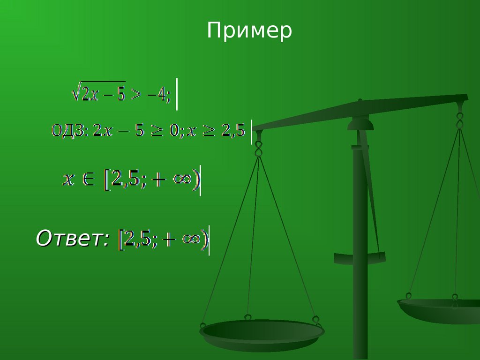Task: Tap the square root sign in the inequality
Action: [x=75, y=91]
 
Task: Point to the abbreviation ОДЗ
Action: [x=68, y=131]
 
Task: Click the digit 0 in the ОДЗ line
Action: [x=174, y=131]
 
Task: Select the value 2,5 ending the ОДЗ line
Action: [x=233, y=131]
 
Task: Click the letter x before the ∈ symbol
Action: [x=68, y=180]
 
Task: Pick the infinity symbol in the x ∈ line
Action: [x=182, y=179]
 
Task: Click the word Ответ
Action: [x=72, y=238]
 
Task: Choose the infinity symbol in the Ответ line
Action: [x=191, y=239]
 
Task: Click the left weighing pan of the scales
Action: [x=262, y=334]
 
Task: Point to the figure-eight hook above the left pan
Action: [x=259, y=149]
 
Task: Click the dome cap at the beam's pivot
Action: [x=360, y=124]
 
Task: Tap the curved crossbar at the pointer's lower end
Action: [x=360, y=259]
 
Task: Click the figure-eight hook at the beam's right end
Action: [x=459, y=120]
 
